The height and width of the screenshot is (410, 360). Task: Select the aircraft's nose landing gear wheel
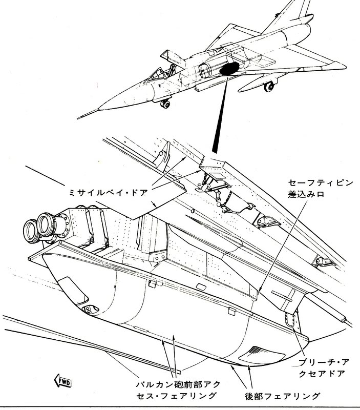tap(165, 105)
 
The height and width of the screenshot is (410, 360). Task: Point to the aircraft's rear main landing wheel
tap(268, 87)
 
